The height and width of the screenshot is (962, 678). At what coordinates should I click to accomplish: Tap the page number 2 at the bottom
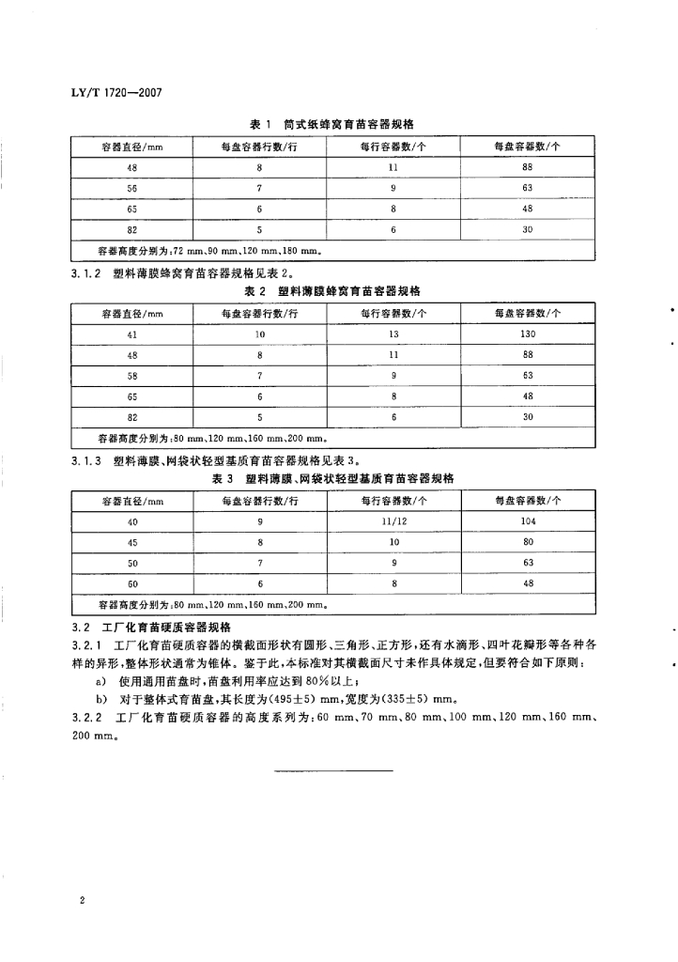(x=84, y=901)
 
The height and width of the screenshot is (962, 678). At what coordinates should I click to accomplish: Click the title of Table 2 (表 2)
(x=334, y=292)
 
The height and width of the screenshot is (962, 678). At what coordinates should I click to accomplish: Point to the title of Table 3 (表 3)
(x=334, y=478)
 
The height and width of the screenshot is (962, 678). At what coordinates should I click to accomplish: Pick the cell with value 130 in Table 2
(x=527, y=334)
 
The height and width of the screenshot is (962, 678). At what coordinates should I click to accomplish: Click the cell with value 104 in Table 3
(x=527, y=520)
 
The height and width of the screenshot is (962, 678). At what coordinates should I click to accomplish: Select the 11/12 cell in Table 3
(x=394, y=520)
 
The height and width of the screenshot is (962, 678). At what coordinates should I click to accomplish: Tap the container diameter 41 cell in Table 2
(x=132, y=334)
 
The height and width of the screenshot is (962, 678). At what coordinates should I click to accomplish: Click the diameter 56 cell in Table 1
(x=132, y=187)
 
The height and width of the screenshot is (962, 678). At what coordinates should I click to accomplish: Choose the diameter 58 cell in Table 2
(x=132, y=375)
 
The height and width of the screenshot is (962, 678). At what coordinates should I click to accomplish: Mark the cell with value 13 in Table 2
(x=394, y=334)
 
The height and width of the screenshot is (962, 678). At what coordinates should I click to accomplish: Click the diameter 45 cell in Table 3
(x=132, y=541)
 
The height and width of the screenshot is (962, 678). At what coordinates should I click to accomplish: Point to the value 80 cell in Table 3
(x=527, y=541)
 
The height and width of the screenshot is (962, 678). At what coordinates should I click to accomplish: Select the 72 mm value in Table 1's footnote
(x=189, y=252)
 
